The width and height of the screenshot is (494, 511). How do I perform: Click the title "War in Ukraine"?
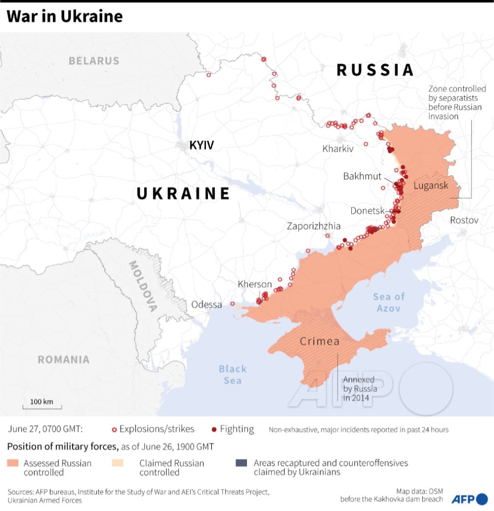click(64, 17)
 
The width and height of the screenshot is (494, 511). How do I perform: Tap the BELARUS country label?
click(94, 61)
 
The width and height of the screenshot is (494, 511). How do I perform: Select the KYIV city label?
click(202, 145)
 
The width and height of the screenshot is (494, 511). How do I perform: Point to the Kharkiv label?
click(338, 149)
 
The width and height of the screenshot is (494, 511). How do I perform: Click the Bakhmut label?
click(362, 176)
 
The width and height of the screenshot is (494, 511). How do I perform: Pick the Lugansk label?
click(430, 185)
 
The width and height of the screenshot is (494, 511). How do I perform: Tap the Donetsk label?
click(367, 211)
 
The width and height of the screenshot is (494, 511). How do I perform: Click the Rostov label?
click(464, 220)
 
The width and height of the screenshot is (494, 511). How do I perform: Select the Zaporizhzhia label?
click(314, 226)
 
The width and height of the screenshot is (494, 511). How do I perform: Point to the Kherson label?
click(255, 284)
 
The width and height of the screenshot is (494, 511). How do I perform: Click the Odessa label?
click(207, 305)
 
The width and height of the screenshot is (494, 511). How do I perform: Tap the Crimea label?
click(320, 341)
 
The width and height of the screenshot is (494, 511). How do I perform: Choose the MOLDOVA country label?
click(143, 286)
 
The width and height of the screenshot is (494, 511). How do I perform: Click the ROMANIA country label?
click(64, 360)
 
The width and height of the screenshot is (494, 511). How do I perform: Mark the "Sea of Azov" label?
click(389, 302)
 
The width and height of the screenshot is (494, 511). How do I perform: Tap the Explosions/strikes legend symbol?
click(114, 430)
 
